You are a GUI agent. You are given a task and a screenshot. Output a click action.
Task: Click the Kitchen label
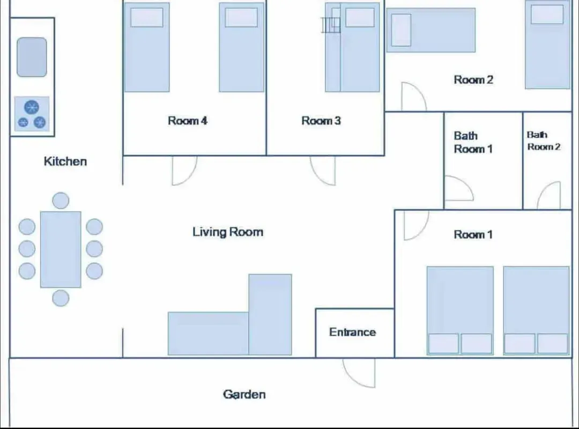[x=65, y=161]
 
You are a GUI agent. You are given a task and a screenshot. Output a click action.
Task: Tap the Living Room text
[x=228, y=232]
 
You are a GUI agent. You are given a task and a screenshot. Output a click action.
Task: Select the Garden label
[x=244, y=394]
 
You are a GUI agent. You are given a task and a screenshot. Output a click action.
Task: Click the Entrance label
[x=353, y=332]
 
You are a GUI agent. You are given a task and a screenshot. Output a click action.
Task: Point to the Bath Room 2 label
[x=543, y=141]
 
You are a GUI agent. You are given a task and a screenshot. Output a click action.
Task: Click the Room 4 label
[x=188, y=121]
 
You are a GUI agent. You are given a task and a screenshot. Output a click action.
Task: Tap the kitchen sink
[x=32, y=57]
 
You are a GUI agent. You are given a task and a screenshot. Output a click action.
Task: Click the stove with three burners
[x=32, y=114]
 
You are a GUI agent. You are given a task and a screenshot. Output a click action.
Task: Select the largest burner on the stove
[x=32, y=107]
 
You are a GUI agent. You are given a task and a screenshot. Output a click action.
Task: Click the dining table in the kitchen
[x=61, y=249]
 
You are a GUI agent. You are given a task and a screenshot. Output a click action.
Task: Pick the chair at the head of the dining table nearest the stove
[x=61, y=201]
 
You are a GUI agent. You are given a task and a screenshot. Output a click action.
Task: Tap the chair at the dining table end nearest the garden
[x=61, y=298]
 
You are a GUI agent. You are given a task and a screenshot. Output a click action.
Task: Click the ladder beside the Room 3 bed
[x=330, y=25]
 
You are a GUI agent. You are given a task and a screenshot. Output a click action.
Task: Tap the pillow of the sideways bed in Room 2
[x=401, y=30]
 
